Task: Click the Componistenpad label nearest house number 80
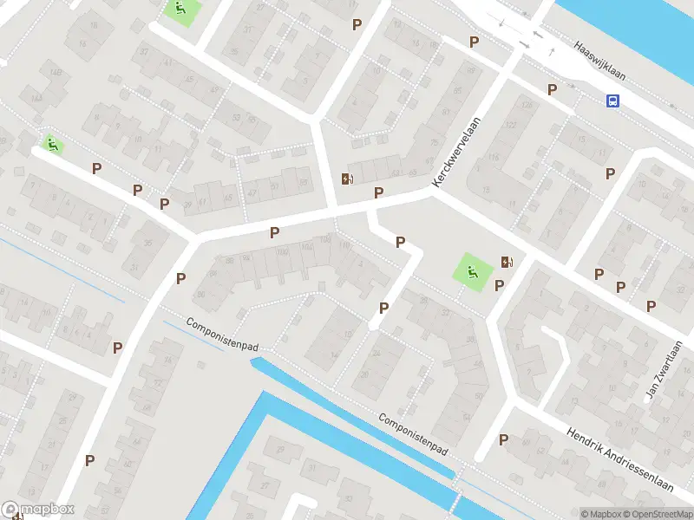point(222,333)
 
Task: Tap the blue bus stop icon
point(612,101)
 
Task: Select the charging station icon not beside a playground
point(348,179)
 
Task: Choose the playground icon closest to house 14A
point(53,145)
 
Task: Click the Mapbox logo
point(38,510)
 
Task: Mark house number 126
point(527,107)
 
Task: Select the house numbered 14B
point(56,72)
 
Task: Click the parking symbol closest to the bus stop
point(552,89)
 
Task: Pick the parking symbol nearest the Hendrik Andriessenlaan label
point(503,440)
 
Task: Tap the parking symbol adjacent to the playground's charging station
point(499,285)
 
